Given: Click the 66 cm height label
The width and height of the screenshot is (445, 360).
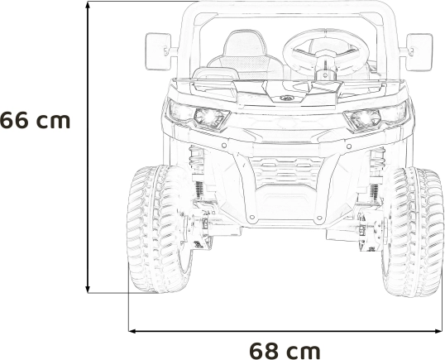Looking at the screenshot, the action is pos(35,120).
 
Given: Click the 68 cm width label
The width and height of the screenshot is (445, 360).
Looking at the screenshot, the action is pos(285,351).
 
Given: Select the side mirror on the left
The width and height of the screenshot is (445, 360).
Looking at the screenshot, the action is pos(158,51).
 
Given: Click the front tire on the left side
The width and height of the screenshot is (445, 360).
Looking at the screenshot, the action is pos(159,229).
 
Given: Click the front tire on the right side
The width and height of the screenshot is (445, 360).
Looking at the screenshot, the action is pos(412,233).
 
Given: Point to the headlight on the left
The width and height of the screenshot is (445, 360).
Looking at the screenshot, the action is pos(199,115).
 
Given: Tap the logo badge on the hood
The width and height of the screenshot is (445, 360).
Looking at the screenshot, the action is pos(286,98).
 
